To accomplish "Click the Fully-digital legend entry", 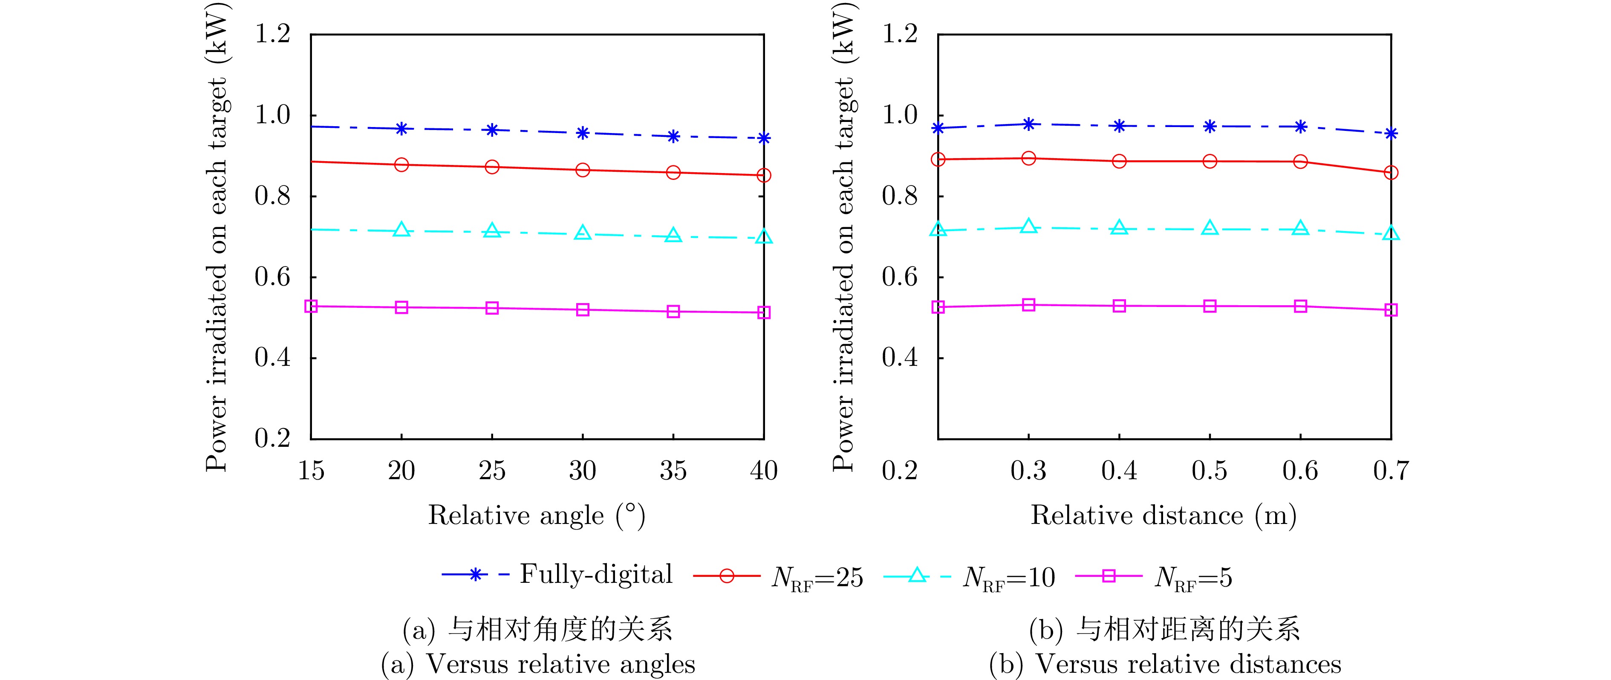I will tap(557, 575).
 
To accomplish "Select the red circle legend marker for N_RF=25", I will tap(727, 576).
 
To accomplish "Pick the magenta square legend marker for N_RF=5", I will tap(1108, 576).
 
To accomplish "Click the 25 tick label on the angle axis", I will tap(492, 470).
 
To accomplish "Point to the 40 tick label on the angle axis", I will tap(764, 470).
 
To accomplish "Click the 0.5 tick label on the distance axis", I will tap(1210, 470).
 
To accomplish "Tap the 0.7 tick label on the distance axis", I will tap(1391, 470).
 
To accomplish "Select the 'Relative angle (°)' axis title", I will tap(537, 515).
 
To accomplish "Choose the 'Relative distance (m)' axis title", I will tap(1163, 515).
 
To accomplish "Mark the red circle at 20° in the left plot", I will tap(401, 165).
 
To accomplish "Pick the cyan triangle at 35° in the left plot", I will tap(673, 235).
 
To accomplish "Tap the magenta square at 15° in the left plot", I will tap(311, 306).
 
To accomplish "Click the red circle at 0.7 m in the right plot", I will tap(1391, 173).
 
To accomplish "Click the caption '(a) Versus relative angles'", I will tap(538, 664).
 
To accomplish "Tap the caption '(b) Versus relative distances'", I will tap(1164, 664).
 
